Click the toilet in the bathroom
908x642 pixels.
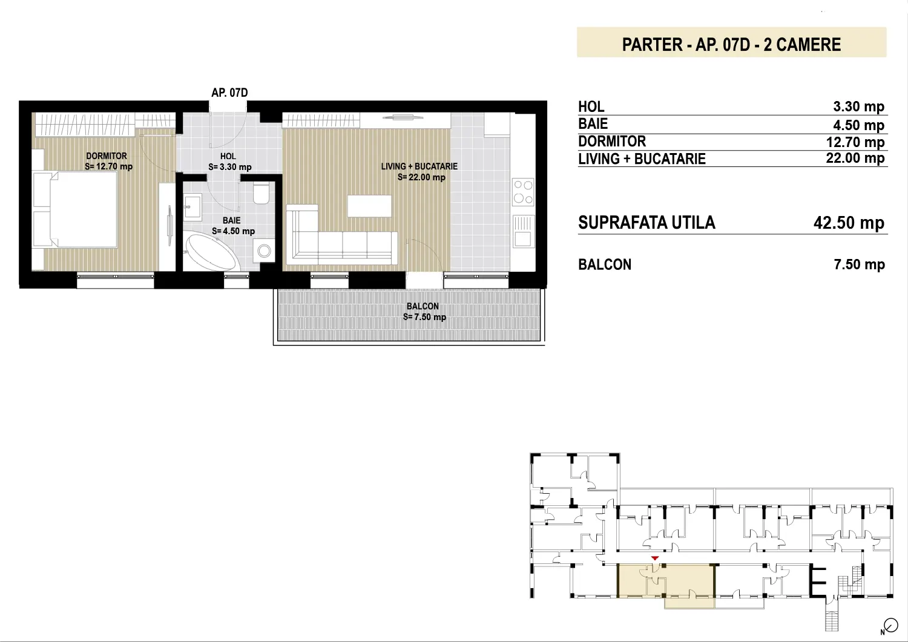[261, 194]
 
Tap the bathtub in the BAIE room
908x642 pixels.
[212, 251]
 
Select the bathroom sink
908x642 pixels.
[193, 207]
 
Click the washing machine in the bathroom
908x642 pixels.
[264, 251]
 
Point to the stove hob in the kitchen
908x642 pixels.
[523, 192]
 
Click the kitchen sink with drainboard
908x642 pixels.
[524, 231]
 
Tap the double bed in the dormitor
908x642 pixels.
[75, 209]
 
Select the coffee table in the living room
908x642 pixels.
[369, 206]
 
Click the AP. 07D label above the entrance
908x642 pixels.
[229, 93]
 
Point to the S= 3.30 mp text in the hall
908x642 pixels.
[230, 167]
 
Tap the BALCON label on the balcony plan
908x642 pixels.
[423, 306]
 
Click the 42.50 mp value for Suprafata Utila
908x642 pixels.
[849, 223]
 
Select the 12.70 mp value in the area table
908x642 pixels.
[855, 142]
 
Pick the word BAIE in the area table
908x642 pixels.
[593, 123]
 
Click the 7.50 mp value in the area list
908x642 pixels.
[860, 264]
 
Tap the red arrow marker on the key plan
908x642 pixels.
[654, 558]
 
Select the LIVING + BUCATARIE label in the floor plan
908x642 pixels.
[419, 166]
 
